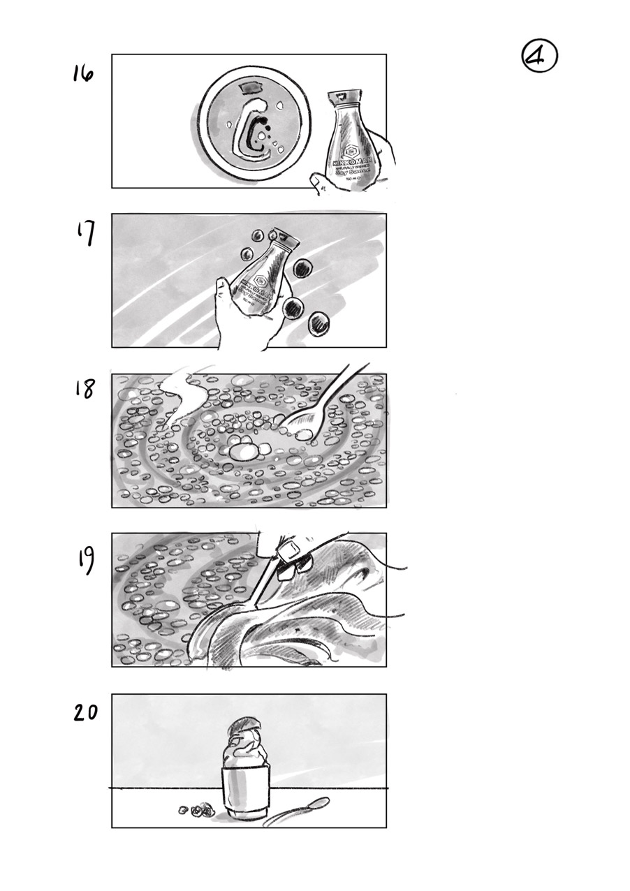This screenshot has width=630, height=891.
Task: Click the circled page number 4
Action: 539,57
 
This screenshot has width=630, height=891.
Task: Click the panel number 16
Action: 83,73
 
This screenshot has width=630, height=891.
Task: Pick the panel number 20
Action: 87,713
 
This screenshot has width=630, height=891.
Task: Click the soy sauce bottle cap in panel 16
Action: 347,96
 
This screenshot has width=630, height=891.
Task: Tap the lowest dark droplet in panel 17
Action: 319,323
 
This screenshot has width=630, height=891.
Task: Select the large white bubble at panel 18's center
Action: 244,452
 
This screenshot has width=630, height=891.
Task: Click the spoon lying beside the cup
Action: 297,812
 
